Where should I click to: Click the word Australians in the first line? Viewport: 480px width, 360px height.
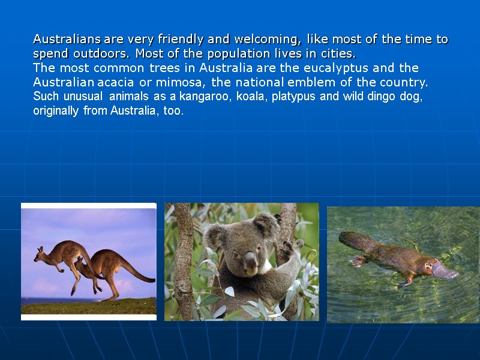pos(67,40)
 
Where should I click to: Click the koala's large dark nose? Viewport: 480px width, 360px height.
pos(250,260)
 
